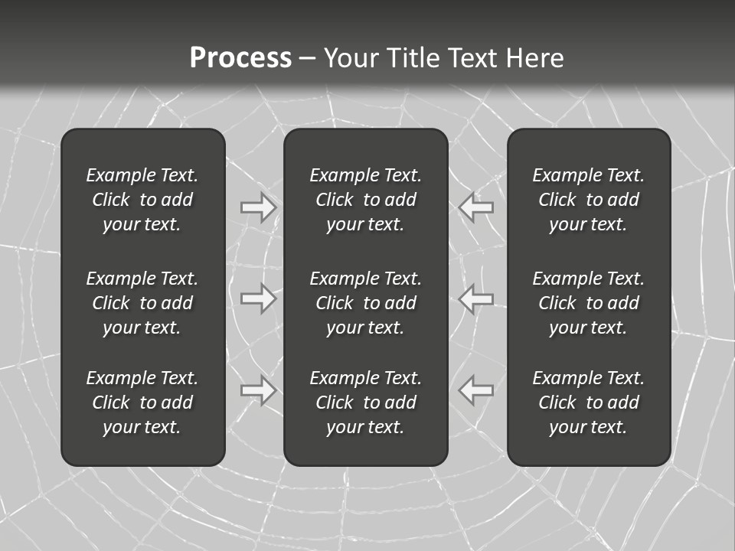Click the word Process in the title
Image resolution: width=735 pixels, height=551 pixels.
tap(240, 58)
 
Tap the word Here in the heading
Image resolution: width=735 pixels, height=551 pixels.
tap(535, 58)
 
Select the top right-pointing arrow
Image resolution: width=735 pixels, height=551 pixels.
tap(259, 207)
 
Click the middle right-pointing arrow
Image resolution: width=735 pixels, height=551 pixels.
tap(259, 298)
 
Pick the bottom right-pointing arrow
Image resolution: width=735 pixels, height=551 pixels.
tap(259, 390)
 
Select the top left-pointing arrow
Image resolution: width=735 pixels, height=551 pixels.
tap(476, 207)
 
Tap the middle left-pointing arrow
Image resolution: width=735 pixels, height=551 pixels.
tap(476, 298)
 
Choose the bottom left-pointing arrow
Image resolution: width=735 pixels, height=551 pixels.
tap(476, 390)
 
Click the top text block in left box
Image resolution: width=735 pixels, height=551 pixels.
tap(142, 200)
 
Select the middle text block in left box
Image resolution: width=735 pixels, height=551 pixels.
tap(142, 303)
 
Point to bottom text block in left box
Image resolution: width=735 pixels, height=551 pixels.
tap(142, 403)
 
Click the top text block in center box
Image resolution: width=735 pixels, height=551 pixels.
tap(365, 200)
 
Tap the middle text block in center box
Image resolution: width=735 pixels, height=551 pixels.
tap(365, 303)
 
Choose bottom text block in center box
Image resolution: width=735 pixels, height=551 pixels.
tap(365, 403)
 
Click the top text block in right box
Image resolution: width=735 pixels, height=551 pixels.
tap(588, 200)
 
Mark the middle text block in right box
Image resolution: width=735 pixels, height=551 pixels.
tap(588, 303)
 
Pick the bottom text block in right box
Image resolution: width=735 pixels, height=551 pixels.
tap(588, 403)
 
